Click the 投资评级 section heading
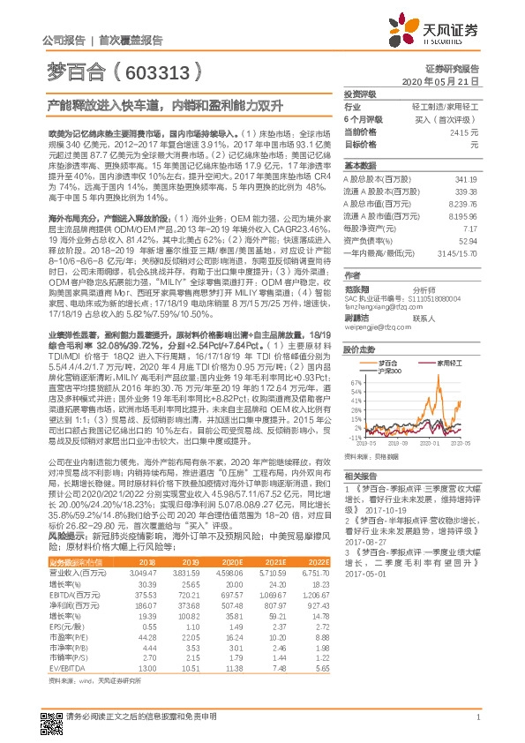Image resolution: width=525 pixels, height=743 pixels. tap(360, 93)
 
